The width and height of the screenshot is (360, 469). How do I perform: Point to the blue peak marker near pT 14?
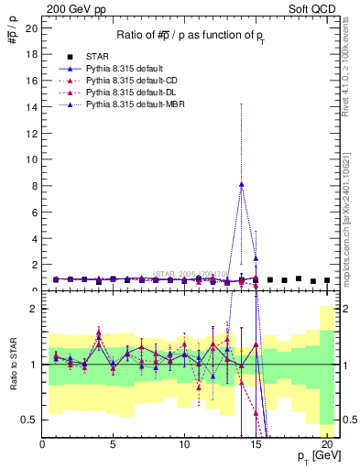(x=241, y=184)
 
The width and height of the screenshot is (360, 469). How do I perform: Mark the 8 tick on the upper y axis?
(x=33, y=186)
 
